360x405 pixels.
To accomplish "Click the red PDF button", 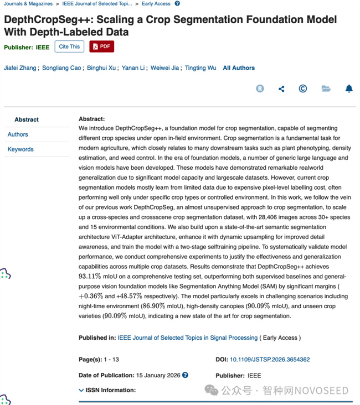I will tap(101, 46).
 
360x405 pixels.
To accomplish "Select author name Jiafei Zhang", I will tap(20, 68).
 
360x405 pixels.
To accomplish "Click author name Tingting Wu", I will tap(200, 68).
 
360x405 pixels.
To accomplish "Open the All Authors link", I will tap(239, 68).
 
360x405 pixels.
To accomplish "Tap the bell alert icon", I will tap(349, 89).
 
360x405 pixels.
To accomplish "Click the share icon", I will tap(281, 89).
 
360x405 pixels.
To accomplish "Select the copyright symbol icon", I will tap(303, 89).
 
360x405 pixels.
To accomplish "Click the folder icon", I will tap(326, 89).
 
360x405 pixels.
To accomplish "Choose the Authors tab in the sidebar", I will tap(18, 134).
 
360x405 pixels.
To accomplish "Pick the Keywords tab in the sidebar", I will tap(20, 149).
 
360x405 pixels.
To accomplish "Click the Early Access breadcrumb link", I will tap(156, 3).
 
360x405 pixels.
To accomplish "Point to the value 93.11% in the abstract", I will tap(90, 277).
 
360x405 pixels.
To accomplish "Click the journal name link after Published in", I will tap(187, 337).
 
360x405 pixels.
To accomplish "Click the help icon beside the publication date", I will tap(185, 375).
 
